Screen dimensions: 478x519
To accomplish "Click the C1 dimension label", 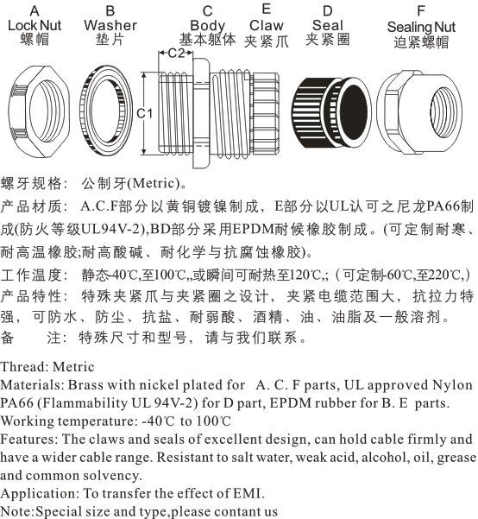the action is click(x=145, y=113).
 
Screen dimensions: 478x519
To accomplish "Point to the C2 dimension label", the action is click(x=176, y=53).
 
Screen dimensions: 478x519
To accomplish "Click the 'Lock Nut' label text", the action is click(x=35, y=26).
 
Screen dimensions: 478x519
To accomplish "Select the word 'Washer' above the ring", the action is click(x=110, y=26).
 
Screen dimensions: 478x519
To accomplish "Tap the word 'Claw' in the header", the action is click(x=267, y=26).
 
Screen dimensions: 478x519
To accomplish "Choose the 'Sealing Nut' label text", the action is click(x=421, y=27).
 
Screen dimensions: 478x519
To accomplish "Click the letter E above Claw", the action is click(x=267, y=9).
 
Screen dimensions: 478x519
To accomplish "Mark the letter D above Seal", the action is click(x=328, y=11).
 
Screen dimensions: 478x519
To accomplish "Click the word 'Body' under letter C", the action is click(x=208, y=26).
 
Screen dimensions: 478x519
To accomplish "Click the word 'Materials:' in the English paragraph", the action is click(x=33, y=385).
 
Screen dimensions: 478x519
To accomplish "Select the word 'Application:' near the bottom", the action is click(x=40, y=494).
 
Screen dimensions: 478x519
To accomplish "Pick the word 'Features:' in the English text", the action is click(x=29, y=440).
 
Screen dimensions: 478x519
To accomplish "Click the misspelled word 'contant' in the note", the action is click(x=237, y=512).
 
